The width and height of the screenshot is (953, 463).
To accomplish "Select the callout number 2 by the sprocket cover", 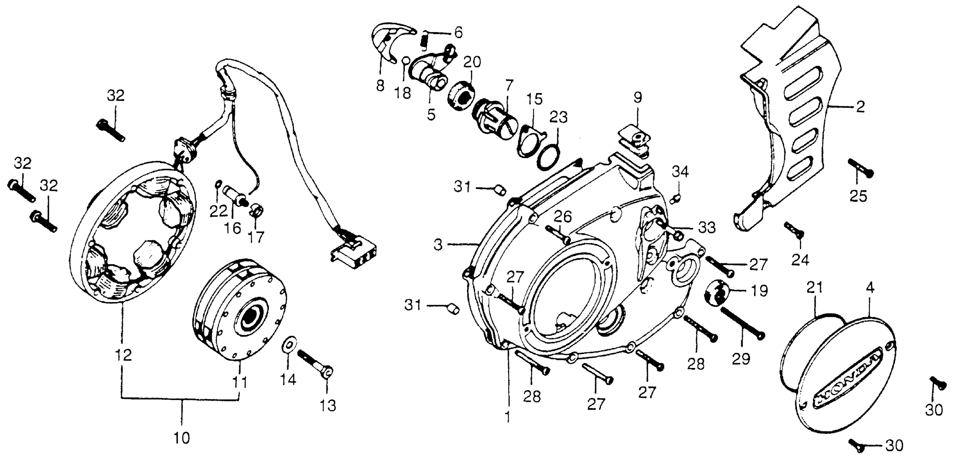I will (x=861, y=107).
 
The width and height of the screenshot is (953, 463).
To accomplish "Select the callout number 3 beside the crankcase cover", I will (x=438, y=245).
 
